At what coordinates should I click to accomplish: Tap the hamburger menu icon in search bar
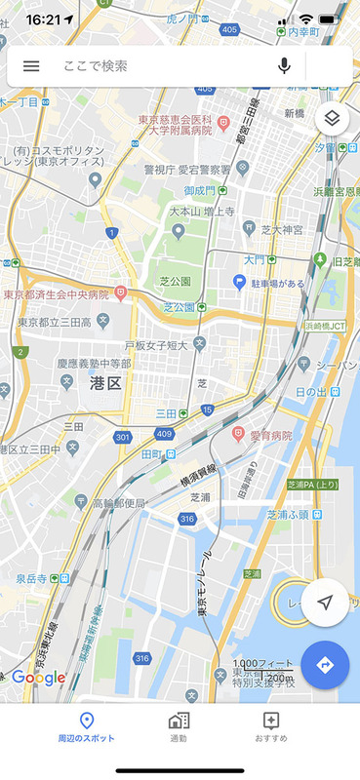coord(31,66)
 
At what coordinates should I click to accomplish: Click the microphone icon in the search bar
coord(284,66)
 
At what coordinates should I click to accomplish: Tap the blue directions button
coord(325,665)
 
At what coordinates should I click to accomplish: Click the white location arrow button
coord(325,603)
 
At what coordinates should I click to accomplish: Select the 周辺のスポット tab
coord(86,727)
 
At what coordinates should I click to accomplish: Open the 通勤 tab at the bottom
coord(179,727)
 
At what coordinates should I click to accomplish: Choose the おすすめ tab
coord(271,727)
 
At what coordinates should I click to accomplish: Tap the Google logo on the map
coord(39,678)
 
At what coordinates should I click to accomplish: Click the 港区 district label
coord(104,382)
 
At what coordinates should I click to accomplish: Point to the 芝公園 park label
coord(177,282)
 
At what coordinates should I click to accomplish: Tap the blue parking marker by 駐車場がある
coord(238,283)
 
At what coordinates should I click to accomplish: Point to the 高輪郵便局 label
coord(119,503)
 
